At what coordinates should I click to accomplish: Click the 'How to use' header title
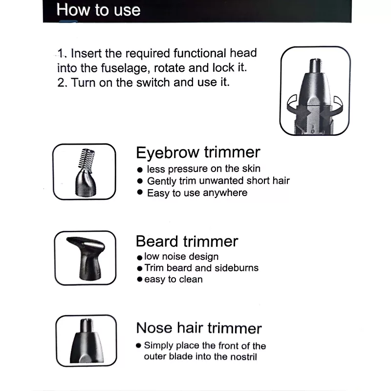pyautogui.click(x=98, y=10)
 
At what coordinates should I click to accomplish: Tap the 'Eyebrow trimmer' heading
pyautogui.click(x=198, y=152)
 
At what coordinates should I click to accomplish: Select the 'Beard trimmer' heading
pyautogui.click(x=187, y=241)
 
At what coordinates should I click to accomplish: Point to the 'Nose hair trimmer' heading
pyautogui.click(x=199, y=327)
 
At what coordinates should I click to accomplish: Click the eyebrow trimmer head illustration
pyautogui.click(x=85, y=172)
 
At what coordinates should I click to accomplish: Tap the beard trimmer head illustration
pyautogui.click(x=86, y=258)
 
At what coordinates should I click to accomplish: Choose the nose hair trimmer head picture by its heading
pyautogui.click(x=87, y=341)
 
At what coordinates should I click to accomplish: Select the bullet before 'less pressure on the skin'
pyautogui.click(x=140, y=170)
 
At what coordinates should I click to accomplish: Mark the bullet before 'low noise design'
pyautogui.click(x=140, y=258)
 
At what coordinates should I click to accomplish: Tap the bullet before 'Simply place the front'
pyautogui.click(x=139, y=346)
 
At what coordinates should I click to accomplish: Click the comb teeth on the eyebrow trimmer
pyautogui.click(x=86, y=157)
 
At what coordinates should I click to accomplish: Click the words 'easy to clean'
pyautogui.click(x=174, y=279)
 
